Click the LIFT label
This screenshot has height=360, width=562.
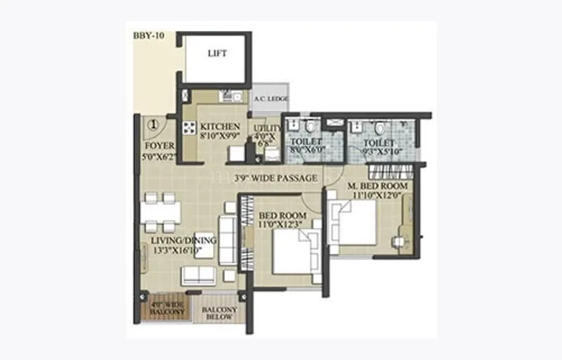217,54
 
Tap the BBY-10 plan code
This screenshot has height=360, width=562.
148,35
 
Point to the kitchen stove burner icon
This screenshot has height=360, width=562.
189,128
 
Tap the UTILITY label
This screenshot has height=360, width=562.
273,128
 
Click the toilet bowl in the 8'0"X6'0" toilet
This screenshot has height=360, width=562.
310,127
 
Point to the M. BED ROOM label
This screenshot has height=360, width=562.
378,186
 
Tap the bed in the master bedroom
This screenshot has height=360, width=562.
355,224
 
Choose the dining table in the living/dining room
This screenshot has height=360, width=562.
160,212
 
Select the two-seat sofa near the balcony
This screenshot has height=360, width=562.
199,275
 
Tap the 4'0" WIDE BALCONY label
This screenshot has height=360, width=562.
167,308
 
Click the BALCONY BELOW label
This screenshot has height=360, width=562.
219,313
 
